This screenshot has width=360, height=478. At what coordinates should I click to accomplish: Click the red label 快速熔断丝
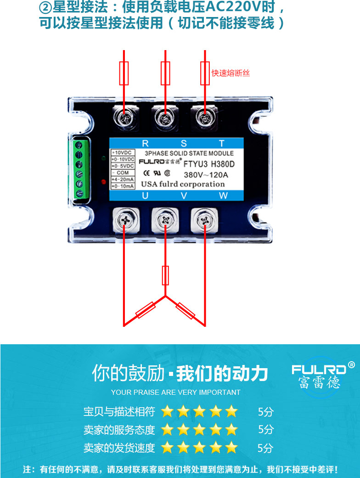coord(231,73)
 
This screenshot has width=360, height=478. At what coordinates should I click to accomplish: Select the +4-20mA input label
coord(123,179)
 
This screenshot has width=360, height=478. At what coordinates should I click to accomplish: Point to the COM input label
coord(123,172)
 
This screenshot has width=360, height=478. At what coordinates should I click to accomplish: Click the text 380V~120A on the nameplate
coord(206,175)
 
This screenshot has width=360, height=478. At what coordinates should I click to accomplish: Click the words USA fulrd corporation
coord(183,184)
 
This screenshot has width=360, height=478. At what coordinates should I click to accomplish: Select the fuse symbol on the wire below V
coord(165,275)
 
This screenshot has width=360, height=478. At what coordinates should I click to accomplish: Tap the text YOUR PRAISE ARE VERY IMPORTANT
coord(175,393)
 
